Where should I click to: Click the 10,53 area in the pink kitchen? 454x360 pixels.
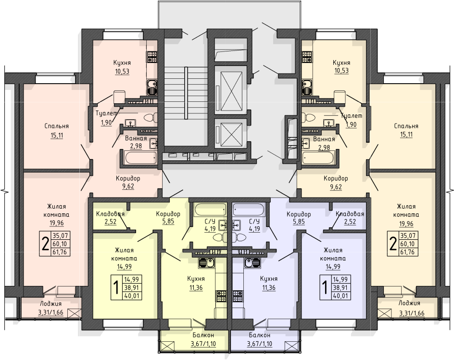pos(122,71)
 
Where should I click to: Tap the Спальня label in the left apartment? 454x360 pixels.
pos(57,126)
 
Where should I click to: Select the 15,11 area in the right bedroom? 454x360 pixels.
pos(406,135)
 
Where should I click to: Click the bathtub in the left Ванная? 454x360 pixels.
pos(140,158)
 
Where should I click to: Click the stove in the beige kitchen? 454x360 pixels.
pos(307,56)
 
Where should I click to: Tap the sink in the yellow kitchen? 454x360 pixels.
pos(206,263)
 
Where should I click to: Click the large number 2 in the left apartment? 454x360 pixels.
pos(45,244)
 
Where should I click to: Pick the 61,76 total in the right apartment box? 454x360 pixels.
pos(407,252)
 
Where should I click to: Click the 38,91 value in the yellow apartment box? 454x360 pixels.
pos(132,288)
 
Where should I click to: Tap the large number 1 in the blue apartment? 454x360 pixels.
pos(325,287)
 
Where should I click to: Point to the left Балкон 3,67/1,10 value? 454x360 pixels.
pos(203,344)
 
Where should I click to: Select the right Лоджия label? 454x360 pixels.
pos(409,303)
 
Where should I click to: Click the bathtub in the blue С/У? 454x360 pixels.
pos(249,210)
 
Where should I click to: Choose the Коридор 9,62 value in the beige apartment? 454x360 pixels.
pos(336,187)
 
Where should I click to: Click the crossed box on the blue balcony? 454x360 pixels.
pos(291,346)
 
